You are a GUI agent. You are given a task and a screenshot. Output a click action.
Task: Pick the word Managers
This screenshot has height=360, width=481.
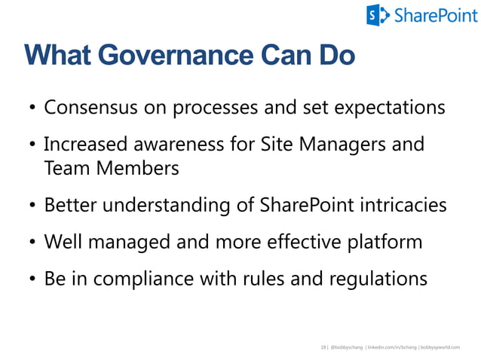tap(348, 143)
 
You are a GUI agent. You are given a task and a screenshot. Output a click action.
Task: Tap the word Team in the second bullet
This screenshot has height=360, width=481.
tap(64, 168)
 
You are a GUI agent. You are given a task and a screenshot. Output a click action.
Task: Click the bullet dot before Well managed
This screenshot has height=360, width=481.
tap(32, 243)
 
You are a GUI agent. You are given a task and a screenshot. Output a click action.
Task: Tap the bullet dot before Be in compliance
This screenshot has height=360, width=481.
tap(32, 279)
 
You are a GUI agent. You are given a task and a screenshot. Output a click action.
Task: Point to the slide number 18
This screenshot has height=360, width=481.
tap(323, 347)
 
